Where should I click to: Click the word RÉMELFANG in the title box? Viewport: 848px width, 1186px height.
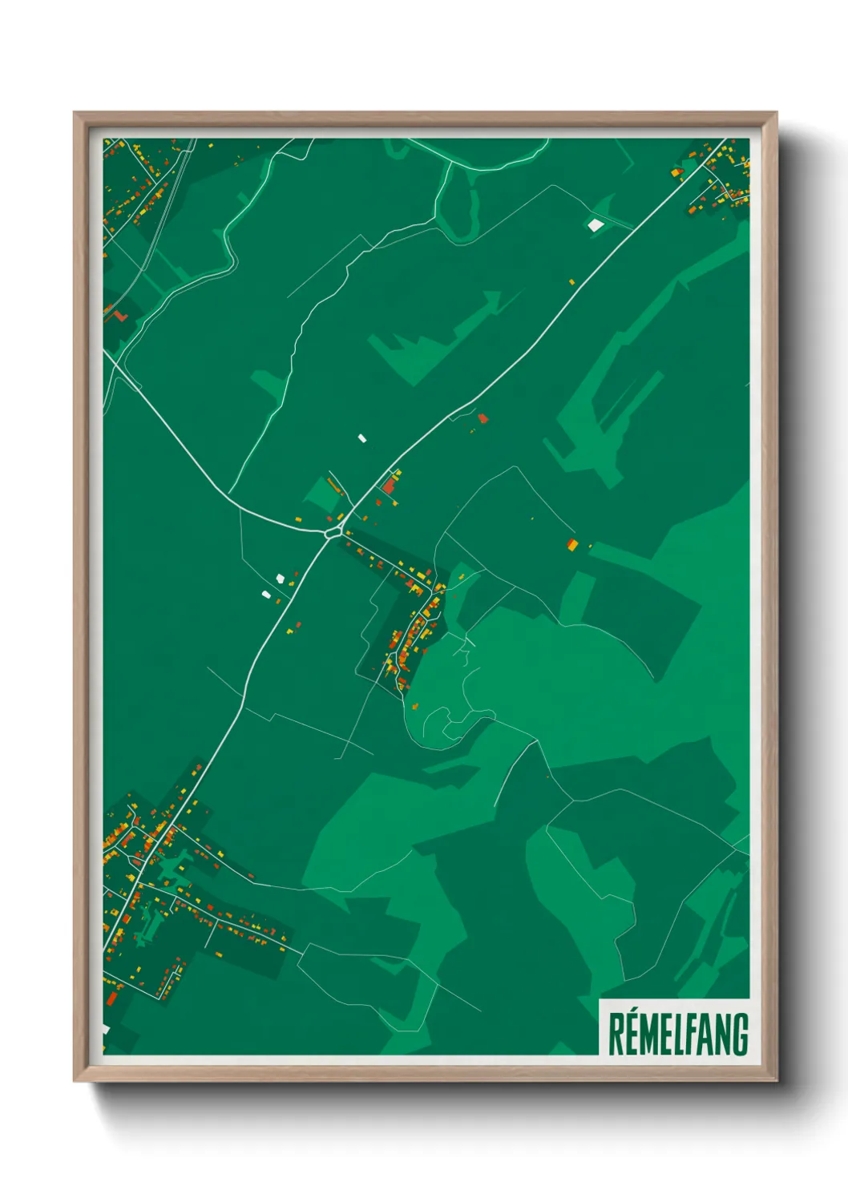pos(677,1034)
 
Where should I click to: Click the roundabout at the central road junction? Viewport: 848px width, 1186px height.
pos(333,530)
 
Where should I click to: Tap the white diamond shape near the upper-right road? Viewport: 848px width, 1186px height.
pos(595,225)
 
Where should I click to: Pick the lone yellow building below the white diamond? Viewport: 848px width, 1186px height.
pos(571,281)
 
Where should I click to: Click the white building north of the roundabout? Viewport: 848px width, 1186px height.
pos(361,438)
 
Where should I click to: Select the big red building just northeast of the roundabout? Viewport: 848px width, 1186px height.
pos(390,486)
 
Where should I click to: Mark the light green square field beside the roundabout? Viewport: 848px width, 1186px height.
pos(321,494)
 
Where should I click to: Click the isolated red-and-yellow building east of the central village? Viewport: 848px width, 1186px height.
pos(572,545)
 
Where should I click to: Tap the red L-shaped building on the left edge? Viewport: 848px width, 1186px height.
pos(119,315)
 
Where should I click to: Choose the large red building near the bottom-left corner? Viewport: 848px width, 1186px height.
pos(111,998)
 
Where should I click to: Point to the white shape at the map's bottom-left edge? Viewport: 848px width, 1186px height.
pos(105,1029)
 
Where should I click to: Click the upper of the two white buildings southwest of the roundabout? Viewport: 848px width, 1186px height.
pos(280,578)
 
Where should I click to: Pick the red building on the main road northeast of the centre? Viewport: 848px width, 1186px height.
pos(483,418)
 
